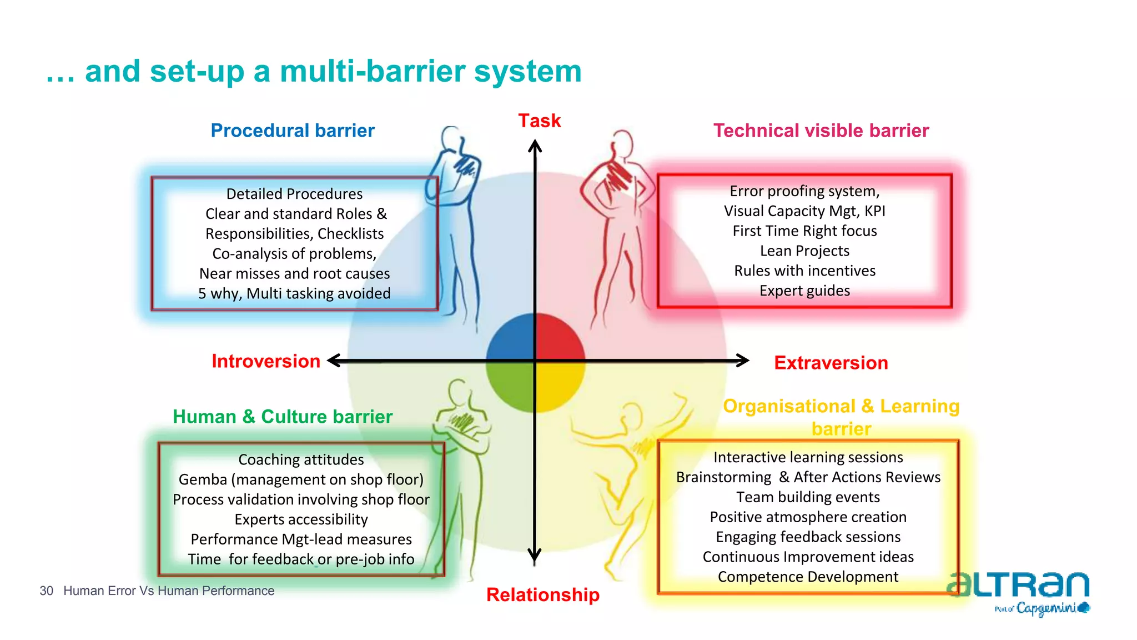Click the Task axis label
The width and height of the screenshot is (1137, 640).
click(x=539, y=121)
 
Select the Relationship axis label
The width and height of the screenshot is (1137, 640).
click(x=542, y=594)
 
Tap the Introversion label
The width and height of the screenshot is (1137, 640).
click(x=266, y=361)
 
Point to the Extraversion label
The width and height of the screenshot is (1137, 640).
click(x=831, y=363)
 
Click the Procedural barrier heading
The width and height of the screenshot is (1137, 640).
click(x=293, y=131)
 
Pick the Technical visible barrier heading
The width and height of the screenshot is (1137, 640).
click(x=821, y=131)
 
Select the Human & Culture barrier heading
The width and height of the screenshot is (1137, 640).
click(x=282, y=417)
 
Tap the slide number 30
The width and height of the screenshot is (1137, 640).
click(x=46, y=591)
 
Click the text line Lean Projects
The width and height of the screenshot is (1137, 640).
click(x=804, y=251)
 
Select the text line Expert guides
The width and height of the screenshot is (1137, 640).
click(x=804, y=291)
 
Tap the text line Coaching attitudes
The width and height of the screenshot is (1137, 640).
click(x=301, y=459)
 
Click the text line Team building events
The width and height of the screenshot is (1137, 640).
click(x=808, y=497)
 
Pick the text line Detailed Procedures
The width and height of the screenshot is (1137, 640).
click(x=294, y=194)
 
